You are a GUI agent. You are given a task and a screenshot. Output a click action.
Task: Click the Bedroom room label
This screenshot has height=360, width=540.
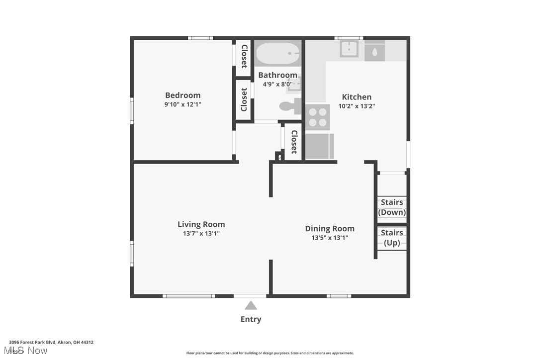(x=182, y=95)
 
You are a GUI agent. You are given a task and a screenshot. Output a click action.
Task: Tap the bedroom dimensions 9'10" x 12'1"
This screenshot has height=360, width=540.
(x=182, y=105)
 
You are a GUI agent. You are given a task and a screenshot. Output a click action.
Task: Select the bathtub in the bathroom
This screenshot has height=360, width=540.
(x=278, y=53)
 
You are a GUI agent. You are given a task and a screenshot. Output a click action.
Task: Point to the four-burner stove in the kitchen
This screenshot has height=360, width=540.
(x=317, y=117)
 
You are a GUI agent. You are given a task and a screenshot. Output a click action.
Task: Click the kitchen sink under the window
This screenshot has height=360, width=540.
(x=350, y=49)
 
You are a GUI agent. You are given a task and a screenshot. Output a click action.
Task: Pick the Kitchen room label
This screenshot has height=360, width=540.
(x=357, y=97)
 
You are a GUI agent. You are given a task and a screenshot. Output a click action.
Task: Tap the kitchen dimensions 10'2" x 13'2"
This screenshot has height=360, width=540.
(x=357, y=106)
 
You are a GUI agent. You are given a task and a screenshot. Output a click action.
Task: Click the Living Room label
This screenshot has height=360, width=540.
(x=201, y=224)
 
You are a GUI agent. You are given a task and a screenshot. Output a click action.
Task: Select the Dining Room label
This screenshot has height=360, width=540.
(x=330, y=229)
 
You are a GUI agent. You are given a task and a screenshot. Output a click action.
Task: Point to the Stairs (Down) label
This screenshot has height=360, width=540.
(x=392, y=207)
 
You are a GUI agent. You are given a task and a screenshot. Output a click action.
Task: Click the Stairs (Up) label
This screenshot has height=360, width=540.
(x=392, y=238)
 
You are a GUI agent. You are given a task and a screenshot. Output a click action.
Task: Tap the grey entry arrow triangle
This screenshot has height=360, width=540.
(x=251, y=305)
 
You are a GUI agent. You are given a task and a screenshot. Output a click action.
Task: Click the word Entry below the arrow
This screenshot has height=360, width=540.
(x=251, y=319)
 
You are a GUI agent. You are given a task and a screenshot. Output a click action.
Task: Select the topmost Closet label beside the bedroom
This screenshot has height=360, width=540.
(x=244, y=56)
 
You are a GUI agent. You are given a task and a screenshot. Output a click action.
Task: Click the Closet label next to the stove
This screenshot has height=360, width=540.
(x=294, y=142)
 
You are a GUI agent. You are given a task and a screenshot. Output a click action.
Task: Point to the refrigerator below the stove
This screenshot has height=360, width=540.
(x=319, y=146)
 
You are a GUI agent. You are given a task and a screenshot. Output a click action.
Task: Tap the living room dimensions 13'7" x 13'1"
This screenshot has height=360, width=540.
(x=201, y=233)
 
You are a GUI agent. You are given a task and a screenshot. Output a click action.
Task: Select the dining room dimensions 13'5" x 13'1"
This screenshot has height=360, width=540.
(x=330, y=238)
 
